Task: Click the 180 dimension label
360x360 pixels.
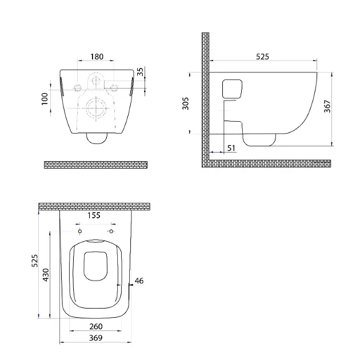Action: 97,57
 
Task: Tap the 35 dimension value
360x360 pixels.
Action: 140,71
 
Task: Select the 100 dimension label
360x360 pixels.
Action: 45,99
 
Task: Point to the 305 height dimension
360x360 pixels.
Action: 186,103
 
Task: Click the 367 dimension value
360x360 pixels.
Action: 327,106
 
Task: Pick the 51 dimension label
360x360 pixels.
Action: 231,148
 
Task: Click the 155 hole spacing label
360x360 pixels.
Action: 94,215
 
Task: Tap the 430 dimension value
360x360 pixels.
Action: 46,275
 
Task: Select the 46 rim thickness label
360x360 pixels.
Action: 139,281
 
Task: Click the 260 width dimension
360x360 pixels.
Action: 96,326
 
